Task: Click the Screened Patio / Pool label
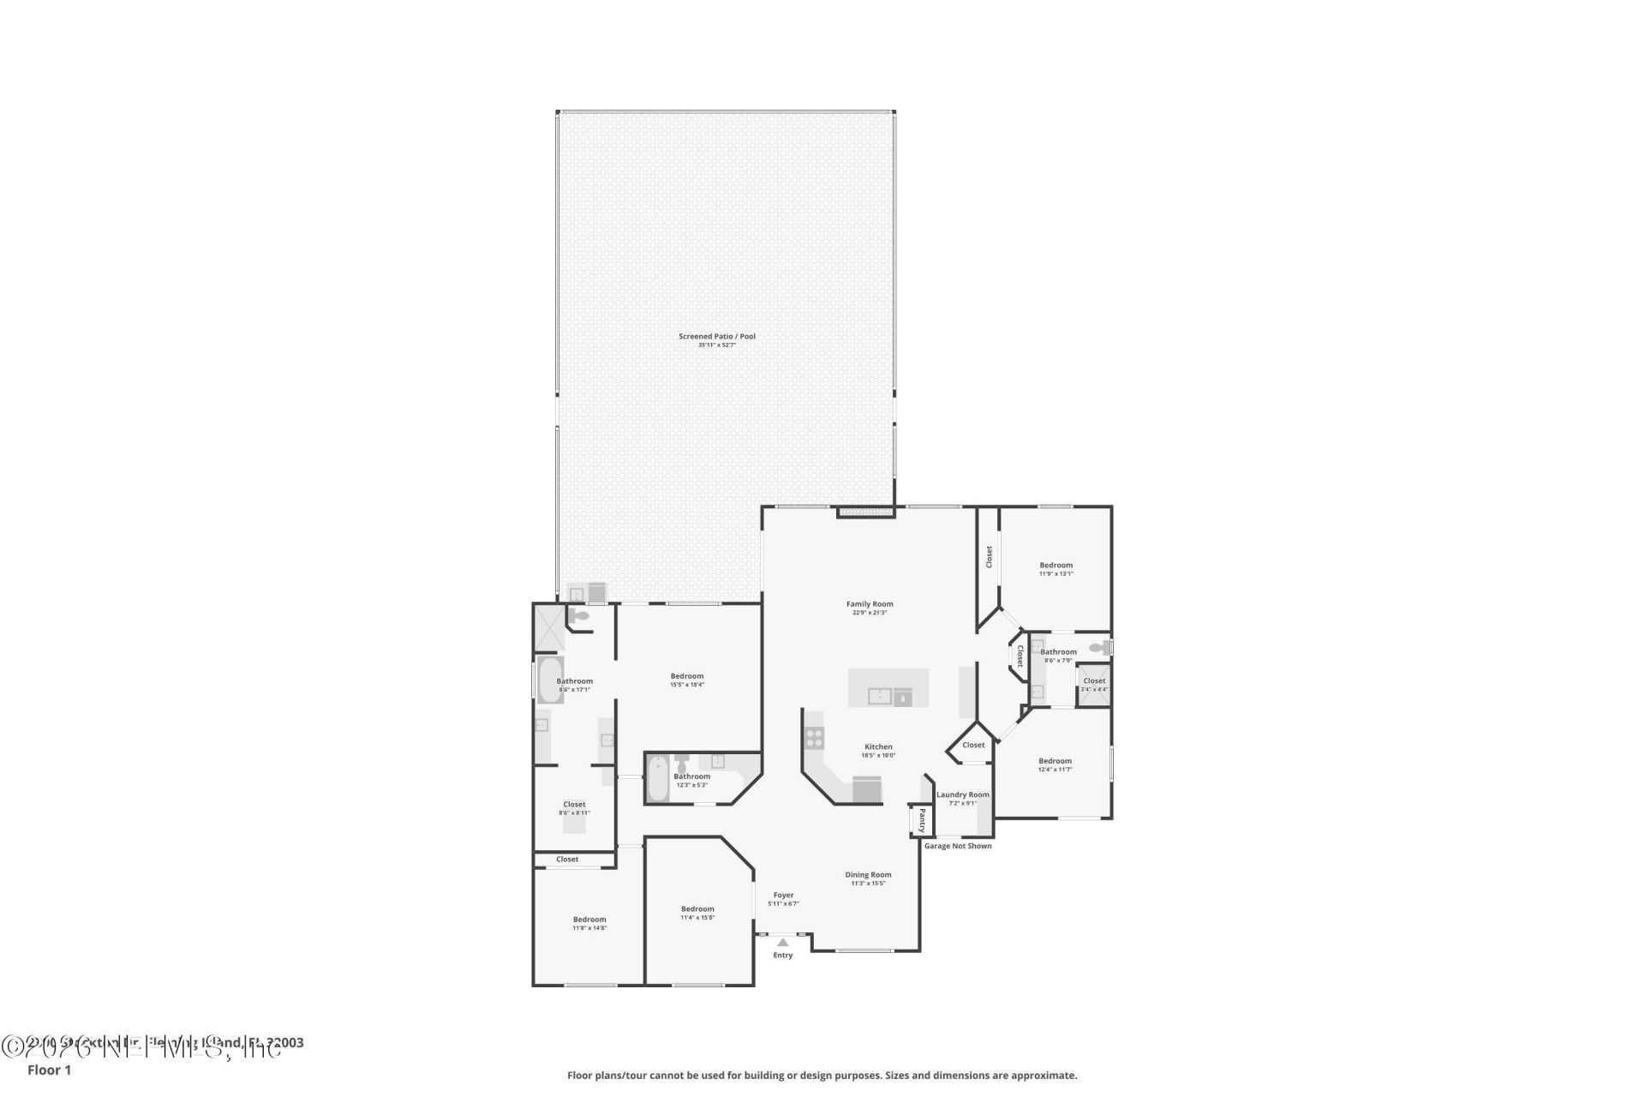click(717, 337)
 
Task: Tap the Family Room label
click(870, 604)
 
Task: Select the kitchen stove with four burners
click(814, 738)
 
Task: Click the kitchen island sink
click(880, 696)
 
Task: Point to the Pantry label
click(922, 819)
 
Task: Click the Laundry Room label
click(962, 794)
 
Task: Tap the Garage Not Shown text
click(958, 846)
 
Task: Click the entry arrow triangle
click(782, 942)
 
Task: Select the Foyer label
click(783, 895)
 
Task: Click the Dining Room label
click(868, 875)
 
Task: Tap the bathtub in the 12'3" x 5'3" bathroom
click(657, 779)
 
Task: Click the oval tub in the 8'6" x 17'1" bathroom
click(549, 680)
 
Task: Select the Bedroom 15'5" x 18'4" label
click(686, 676)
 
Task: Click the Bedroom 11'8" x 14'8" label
click(589, 920)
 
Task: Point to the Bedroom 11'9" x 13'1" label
click(1056, 566)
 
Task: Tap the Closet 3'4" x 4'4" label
click(1094, 681)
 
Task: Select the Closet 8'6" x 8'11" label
click(574, 805)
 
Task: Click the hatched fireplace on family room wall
click(865, 513)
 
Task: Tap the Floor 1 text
click(49, 1070)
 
